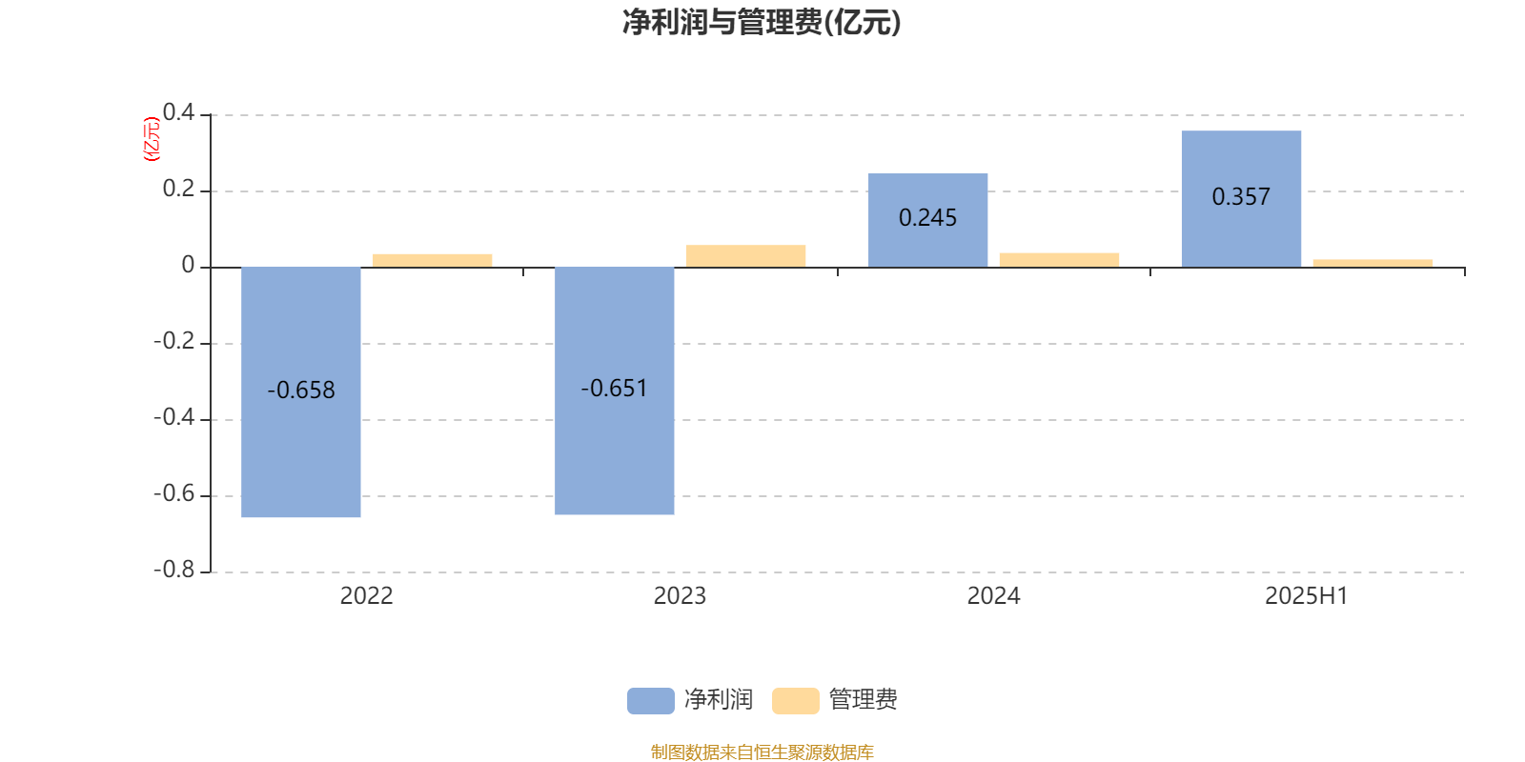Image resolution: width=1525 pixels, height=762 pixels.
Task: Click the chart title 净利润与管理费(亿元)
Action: [x=762, y=23]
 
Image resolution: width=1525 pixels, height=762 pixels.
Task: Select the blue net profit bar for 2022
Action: [x=301, y=391]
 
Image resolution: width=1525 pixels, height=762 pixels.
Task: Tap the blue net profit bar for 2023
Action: [x=614, y=391]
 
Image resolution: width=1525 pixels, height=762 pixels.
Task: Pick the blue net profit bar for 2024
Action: [x=928, y=220]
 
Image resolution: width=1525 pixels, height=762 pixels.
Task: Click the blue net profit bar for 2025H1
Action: [x=1241, y=199]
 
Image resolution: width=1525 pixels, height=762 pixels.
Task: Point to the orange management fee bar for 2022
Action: [x=433, y=261]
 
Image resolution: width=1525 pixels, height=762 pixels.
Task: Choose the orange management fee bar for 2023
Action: [x=745, y=256]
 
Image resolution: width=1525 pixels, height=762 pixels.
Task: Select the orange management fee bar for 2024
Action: [x=1059, y=260]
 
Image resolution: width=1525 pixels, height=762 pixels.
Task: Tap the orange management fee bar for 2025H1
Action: [x=1372, y=263]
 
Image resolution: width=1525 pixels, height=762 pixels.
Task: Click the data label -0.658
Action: [x=301, y=391]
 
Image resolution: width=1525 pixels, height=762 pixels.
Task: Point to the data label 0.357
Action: [x=1241, y=196]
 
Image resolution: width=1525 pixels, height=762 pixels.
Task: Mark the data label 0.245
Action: [x=928, y=218]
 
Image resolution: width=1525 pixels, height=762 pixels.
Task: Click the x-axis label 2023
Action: [x=680, y=596]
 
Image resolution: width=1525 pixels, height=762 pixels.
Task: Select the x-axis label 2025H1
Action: [x=1307, y=596]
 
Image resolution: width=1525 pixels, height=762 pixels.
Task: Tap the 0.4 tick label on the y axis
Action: [x=178, y=112]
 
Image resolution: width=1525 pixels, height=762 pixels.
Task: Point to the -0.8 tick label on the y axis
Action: [x=174, y=570]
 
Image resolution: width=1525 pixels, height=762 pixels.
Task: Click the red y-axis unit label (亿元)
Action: [x=152, y=139]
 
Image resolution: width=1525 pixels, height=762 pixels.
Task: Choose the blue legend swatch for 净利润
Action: [x=651, y=701]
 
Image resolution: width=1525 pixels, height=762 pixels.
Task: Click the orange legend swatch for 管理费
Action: [x=795, y=701]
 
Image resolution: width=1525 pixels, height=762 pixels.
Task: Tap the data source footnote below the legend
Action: [x=762, y=752]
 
